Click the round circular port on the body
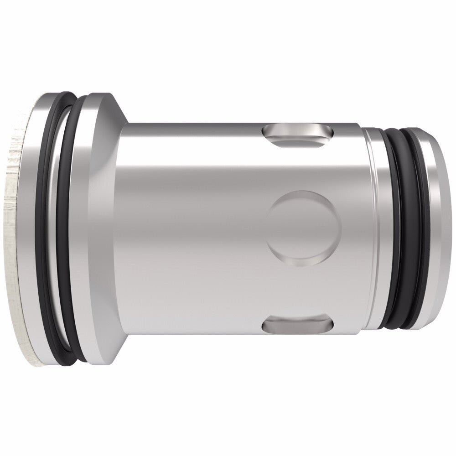304,228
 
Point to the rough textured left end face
16,228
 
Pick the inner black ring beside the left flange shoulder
73,228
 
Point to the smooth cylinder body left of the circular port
192,228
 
